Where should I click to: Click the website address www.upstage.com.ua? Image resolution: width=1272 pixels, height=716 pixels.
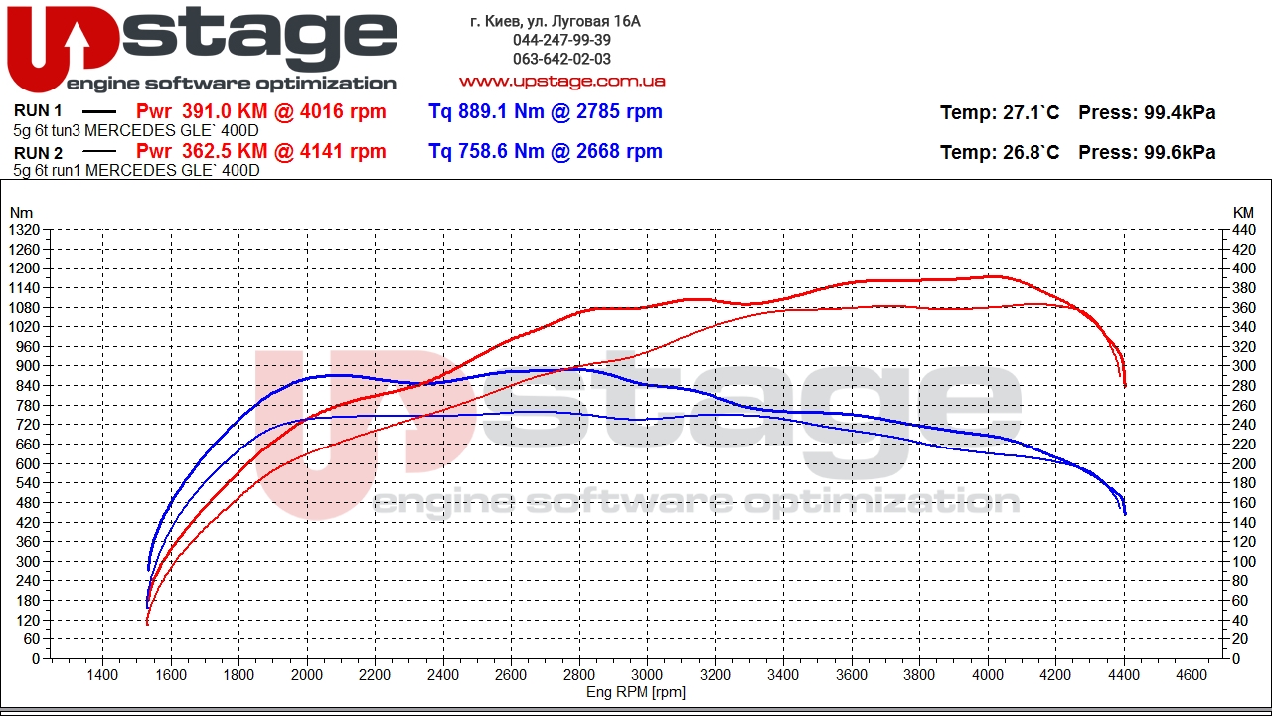[561, 81]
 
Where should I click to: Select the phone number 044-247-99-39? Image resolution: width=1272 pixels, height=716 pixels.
[561, 40]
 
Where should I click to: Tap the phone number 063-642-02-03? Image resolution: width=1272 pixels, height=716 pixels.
[561, 59]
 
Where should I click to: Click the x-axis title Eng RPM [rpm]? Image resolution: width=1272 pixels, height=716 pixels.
[636, 692]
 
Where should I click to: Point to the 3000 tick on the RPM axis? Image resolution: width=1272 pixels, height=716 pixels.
[647, 675]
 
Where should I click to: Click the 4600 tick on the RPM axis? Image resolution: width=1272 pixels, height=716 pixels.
[1191, 675]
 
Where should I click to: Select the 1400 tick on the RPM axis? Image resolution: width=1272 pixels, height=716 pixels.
[103, 675]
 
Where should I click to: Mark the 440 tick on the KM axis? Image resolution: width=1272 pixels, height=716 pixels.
[1243, 230]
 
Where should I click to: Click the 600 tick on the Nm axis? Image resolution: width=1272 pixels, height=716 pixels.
[27, 463]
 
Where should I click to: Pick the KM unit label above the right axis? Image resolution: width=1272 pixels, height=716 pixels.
[1243, 213]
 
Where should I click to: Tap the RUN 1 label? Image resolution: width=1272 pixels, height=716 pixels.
[39, 111]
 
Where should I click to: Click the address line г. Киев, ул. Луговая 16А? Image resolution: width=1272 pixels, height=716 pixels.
[555, 21]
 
